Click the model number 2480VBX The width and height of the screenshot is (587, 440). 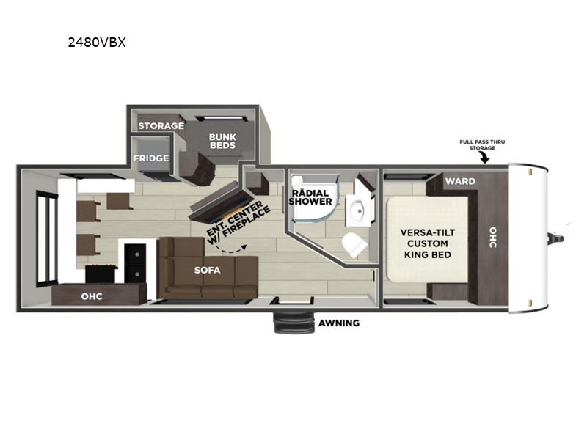(x=97, y=43)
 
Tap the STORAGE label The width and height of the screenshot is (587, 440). (x=161, y=125)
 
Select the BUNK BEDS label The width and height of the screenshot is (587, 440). (x=222, y=141)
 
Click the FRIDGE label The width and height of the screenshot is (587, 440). (x=151, y=158)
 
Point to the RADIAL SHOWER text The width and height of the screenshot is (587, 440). (x=310, y=197)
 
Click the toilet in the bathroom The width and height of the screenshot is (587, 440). (x=354, y=245)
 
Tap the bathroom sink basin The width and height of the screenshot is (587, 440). (x=358, y=210)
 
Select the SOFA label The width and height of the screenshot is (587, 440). (x=208, y=270)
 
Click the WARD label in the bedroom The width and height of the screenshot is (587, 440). (x=460, y=181)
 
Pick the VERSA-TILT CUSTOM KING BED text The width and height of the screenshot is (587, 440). (x=428, y=243)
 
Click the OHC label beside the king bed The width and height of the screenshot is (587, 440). (x=493, y=237)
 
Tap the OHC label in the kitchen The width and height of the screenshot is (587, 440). (x=92, y=296)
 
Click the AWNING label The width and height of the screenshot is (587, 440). (x=339, y=323)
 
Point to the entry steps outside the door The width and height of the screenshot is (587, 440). (x=293, y=323)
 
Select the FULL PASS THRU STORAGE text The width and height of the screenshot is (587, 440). (x=482, y=144)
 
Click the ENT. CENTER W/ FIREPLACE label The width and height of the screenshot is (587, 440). (x=238, y=223)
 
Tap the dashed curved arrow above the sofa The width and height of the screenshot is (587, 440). (x=230, y=250)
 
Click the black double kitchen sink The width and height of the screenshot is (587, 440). (x=135, y=263)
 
